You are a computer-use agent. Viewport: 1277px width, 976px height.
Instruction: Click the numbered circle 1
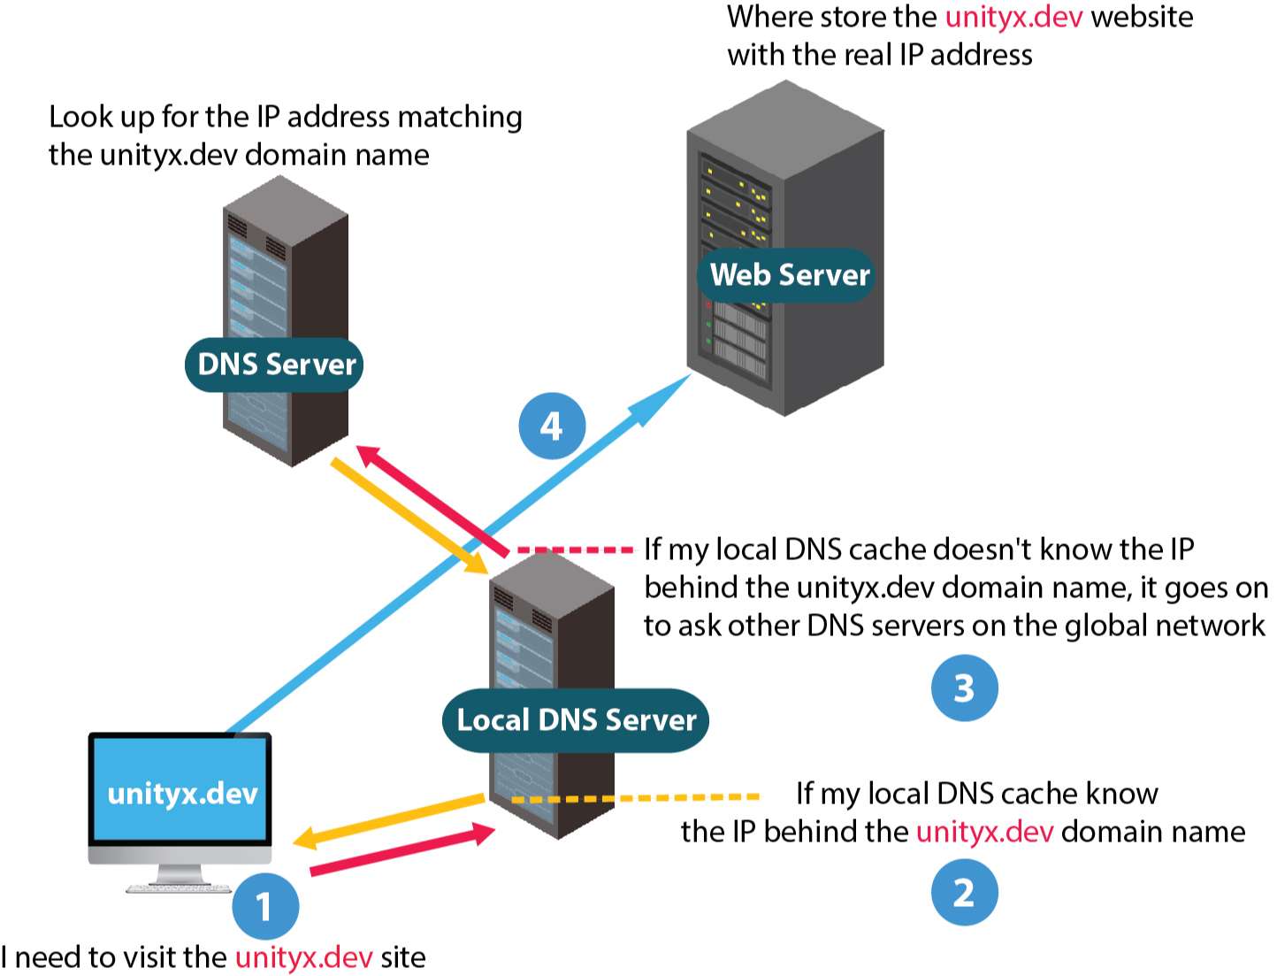pos(265,905)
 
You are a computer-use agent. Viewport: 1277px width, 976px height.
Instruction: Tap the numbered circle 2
pos(964,892)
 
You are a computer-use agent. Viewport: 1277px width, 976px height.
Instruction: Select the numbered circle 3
pos(964,688)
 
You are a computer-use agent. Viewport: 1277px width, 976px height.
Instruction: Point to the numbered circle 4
pos(552,426)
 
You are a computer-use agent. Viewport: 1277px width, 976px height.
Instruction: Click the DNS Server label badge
pos(274,365)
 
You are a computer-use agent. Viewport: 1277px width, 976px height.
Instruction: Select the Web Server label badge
pos(789,275)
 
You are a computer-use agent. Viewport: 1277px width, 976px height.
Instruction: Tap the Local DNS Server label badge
pos(576,720)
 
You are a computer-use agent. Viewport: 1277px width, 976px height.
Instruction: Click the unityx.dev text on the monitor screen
pos(182,793)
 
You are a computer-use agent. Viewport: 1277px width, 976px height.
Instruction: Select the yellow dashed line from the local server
pos(637,798)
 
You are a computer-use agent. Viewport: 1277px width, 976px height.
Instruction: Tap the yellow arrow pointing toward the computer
pos(389,819)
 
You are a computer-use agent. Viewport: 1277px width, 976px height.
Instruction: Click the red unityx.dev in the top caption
pos(1013,17)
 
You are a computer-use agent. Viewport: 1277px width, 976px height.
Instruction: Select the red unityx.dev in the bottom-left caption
pos(303,957)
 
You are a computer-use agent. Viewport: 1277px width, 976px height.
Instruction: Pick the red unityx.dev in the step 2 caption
pos(984,832)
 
